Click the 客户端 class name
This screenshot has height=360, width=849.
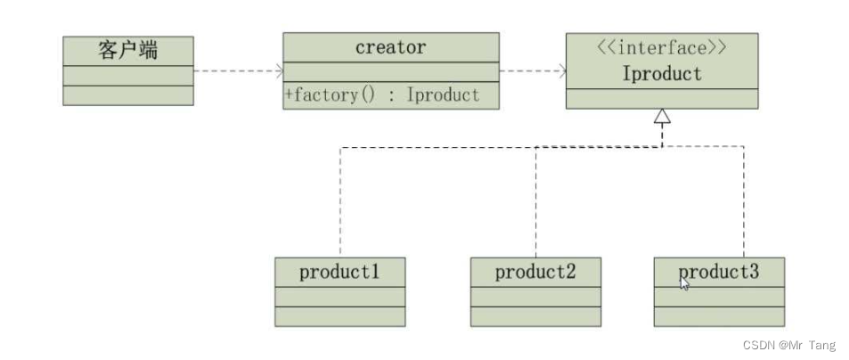128,51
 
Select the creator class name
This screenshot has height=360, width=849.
390,47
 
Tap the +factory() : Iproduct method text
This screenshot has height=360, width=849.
382,95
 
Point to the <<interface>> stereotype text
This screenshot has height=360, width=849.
661,48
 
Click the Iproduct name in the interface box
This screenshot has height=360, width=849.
661,73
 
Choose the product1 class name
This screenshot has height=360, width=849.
339,272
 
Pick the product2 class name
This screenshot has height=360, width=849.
535,272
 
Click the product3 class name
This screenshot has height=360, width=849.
719,272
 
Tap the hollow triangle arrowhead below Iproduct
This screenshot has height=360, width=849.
661,117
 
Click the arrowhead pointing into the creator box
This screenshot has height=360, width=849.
279,71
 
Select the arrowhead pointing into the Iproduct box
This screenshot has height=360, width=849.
561,71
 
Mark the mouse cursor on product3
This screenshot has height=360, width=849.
683,282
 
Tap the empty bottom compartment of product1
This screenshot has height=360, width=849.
339,316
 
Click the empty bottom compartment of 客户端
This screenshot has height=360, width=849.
128,96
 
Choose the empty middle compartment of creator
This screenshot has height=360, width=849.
390,73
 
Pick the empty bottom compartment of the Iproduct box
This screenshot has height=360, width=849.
661,99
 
